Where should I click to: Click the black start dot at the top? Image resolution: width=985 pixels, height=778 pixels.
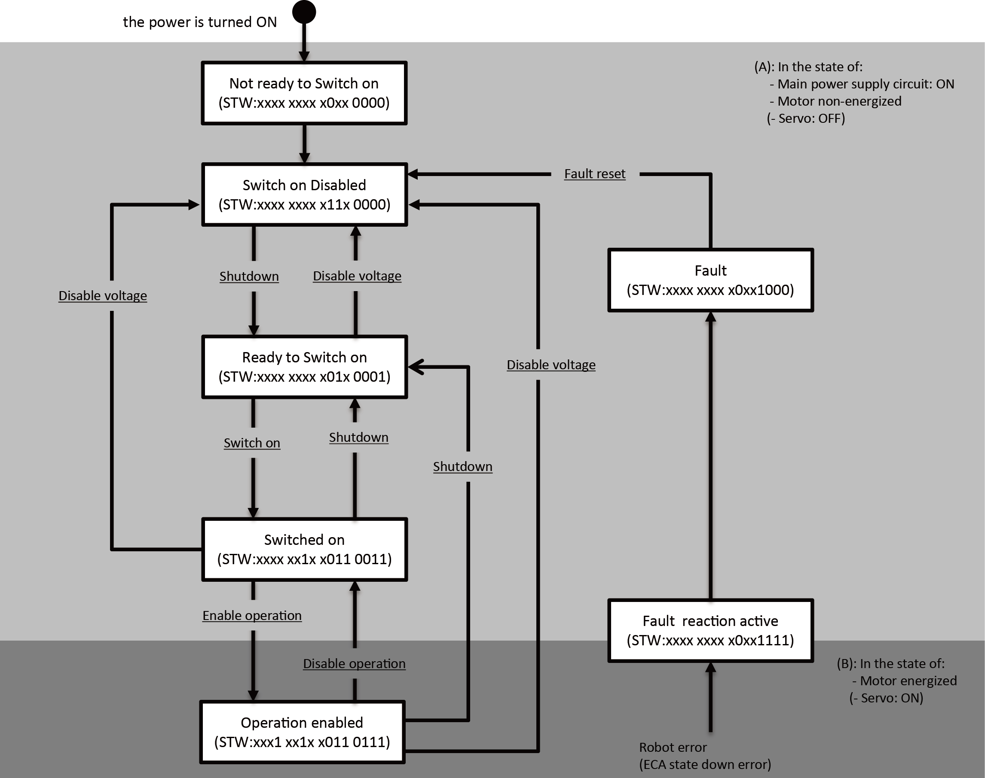[304, 12]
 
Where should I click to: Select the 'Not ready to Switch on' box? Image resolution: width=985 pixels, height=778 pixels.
[304, 93]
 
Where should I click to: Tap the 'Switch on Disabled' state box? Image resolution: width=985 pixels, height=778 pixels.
[304, 194]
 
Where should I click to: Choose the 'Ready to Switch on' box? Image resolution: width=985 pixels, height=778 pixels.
[304, 367]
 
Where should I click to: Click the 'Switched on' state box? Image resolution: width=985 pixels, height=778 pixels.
[304, 549]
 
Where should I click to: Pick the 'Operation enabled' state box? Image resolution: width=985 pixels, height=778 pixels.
[302, 732]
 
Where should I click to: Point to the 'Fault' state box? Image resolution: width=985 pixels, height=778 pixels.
[710, 280]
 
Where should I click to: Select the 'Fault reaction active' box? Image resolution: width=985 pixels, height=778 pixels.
[710, 630]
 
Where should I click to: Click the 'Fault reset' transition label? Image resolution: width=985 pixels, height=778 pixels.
[594, 174]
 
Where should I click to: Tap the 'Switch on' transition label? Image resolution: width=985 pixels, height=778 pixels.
[251, 443]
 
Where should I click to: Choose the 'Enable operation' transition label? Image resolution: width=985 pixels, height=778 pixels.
[251, 615]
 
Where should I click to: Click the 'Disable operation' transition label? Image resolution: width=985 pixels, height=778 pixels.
[354, 664]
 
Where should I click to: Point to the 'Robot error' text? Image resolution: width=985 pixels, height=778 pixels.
[673, 747]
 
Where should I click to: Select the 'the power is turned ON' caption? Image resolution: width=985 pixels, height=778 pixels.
[200, 22]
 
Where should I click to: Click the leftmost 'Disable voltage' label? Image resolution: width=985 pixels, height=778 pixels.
[103, 296]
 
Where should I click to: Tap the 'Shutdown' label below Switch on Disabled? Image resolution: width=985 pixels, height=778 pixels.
[249, 277]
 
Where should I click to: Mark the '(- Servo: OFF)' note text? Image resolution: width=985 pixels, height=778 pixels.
[805, 119]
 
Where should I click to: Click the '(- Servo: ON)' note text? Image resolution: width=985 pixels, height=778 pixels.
[886, 698]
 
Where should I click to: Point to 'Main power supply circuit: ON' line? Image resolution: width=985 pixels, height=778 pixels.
[865, 84]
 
